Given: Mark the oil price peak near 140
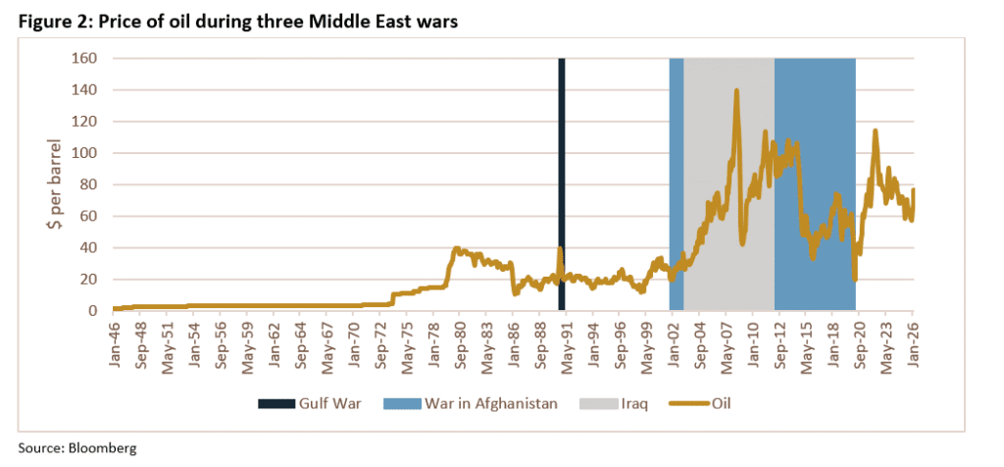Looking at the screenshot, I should pyautogui.click(x=736, y=91).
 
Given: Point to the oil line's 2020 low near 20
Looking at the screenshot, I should pyautogui.click(x=855, y=280).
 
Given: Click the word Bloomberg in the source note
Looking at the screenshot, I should pyautogui.click(x=102, y=447).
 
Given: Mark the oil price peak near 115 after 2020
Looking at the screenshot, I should pyautogui.click(x=874, y=130).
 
